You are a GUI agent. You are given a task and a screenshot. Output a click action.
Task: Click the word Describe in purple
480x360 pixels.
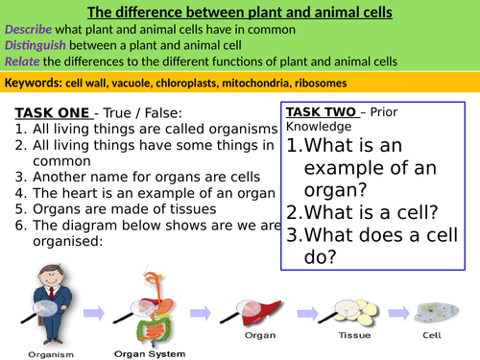(x=29, y=30)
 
